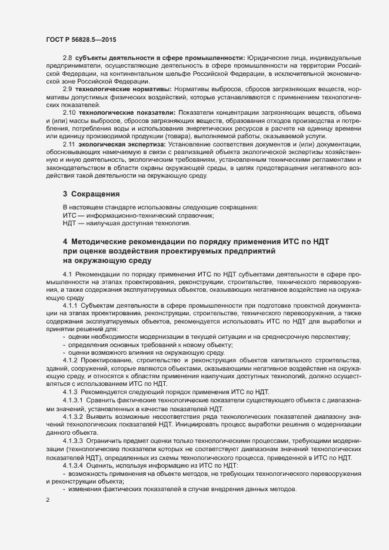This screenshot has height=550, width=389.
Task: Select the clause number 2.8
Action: coord(68,57)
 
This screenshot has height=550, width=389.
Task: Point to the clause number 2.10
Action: coord(69,112)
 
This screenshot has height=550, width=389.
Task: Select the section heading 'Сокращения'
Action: coord(97,193)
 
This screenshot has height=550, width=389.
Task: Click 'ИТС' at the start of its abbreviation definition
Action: coord(69,216)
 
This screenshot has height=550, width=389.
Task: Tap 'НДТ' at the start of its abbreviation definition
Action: coord(70,224)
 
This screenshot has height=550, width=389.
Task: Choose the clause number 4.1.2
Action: coord(71,359)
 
